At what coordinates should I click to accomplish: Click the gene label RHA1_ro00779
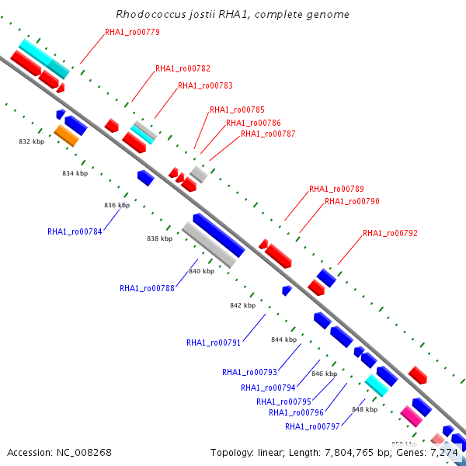[x=132, y=33]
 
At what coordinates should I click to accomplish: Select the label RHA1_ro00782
[x=183, y=69]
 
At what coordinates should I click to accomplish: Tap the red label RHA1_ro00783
[x=205, y=86]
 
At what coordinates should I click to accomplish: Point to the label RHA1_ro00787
[x=268, y=134]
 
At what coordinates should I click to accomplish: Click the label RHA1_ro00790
[x=352, y=202]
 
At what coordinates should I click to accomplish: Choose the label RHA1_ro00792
[x=390, y=234]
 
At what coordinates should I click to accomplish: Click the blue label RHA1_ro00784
[x=75, y=231]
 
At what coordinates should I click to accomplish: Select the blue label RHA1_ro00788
[x=147, y=288]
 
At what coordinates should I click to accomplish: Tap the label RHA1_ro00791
[x=214, y=343]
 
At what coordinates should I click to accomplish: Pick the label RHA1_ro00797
[x=312, y=426]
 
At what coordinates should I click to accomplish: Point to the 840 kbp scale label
[x=201, y=271]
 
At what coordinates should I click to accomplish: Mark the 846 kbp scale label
[x=324, y=374]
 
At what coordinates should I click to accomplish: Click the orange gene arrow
[x=67, y=136]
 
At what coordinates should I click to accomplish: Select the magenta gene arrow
[x=412, y=416]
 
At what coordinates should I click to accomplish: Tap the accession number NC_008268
[x=82, y=452]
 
